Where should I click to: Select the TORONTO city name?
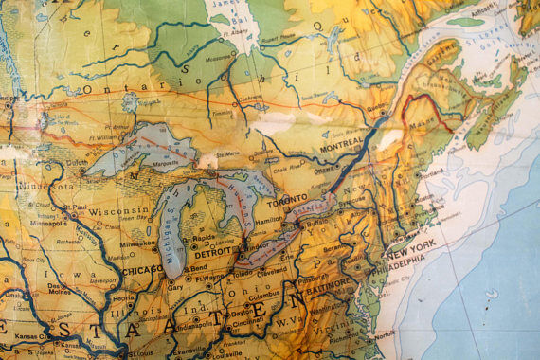tap(286, 203)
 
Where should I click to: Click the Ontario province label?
tap(109, 87)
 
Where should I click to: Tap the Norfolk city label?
tap(384, 333)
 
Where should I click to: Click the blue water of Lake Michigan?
tap(171, 227)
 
